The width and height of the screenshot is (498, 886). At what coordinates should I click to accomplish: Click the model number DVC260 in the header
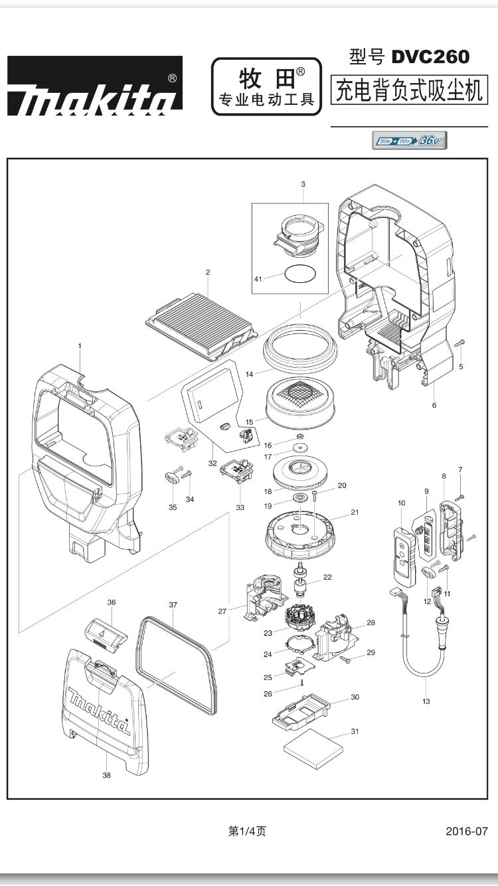[430, 57]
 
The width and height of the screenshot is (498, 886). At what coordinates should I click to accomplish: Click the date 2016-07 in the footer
[467, 831]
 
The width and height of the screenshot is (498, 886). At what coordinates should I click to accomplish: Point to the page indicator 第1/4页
[247, 831]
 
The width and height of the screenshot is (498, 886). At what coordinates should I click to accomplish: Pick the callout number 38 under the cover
[107, 775]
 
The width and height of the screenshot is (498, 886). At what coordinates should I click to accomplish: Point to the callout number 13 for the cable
[426, 701]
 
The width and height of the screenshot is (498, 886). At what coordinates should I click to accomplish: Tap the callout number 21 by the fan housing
[355, 512]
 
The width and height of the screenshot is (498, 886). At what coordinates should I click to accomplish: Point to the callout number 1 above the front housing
[80, 346]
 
